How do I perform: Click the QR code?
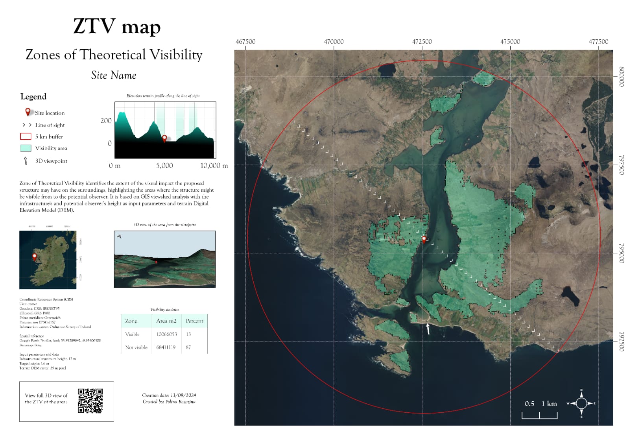pos(90,401)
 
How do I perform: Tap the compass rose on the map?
pos(581,403)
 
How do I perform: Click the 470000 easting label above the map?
pos(334,42)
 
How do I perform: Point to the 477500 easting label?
pos(598,42)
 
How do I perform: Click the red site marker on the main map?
pos(424,239)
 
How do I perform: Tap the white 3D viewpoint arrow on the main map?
pos(428,329)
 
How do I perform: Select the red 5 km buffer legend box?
pos(26,137)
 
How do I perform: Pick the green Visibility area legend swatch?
pos(26,148)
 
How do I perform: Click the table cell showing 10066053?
pos(167,334)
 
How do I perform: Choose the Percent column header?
pos(194,321)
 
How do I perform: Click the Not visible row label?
pos(136,347)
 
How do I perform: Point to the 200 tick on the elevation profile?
pos(106,121)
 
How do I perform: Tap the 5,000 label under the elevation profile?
pos(164,166)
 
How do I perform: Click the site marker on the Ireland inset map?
pos(35,257)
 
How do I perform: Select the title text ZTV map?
pos(117,27)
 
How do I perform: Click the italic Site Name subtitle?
pos(114,75)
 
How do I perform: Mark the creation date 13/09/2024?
pos(183,395)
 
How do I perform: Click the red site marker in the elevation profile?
pos(164,138)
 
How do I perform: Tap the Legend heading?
pos(33,97)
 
